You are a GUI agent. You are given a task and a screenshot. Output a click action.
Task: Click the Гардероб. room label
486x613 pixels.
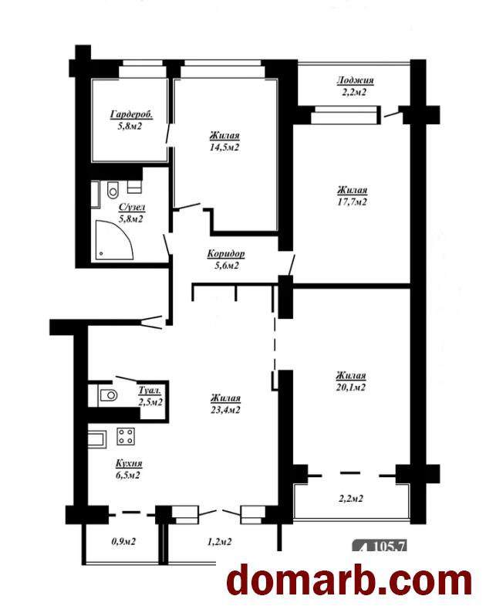[131, 114]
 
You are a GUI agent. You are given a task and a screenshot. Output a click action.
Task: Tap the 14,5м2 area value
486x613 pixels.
[224, 147]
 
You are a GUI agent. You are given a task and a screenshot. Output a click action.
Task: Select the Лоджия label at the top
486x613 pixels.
[355, 80]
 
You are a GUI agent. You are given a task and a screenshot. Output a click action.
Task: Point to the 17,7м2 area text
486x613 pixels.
[352, 202]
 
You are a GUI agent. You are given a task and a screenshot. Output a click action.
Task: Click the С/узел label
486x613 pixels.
[132, 207]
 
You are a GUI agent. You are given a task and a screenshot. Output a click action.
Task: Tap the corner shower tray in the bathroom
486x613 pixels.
[114, 240]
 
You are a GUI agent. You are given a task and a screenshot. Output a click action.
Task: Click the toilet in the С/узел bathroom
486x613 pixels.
[113, 190]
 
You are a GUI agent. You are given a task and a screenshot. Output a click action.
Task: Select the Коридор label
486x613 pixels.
[226, 254]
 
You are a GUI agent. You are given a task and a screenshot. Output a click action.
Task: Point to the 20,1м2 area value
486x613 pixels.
[351, 387]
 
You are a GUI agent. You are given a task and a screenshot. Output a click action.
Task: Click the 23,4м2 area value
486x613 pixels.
[225, 410]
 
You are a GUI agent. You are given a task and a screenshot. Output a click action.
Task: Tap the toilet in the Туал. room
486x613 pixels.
[108, 395]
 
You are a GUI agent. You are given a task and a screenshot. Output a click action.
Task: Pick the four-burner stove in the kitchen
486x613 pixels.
[126, 436]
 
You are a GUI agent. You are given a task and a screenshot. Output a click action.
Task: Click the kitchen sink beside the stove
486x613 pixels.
[97, 439]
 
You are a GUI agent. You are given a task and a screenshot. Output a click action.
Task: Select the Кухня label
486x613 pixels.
[129, 464]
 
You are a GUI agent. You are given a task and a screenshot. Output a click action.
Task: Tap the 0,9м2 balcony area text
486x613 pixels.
[123, 541]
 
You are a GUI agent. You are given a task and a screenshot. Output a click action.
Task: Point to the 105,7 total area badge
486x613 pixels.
[380, 545]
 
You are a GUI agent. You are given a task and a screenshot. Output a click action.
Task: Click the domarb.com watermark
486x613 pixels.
[349, 581]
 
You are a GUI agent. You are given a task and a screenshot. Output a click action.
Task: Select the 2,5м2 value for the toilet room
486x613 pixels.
[150, 401]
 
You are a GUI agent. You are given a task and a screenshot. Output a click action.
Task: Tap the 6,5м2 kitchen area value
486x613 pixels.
[129, 476]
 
